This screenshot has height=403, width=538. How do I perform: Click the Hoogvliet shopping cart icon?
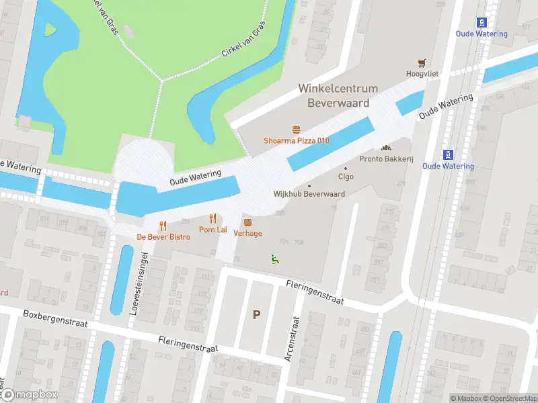[422, 62]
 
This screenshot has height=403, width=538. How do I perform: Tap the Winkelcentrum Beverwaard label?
[338, 96]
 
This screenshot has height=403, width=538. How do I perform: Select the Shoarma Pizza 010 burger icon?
[295, 129]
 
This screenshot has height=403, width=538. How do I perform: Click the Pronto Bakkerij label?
[386, 159]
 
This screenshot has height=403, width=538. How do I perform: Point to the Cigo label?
[346, 177]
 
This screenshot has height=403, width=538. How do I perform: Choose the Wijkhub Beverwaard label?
[309, 193]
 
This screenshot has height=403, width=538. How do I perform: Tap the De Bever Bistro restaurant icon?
[163, 226]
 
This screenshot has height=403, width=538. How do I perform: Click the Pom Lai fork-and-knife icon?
[213, 218]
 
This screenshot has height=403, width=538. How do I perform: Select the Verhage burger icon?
[248, 222]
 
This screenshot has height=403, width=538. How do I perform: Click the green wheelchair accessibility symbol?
[274, 259]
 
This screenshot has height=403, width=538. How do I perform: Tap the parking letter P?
[256, 314]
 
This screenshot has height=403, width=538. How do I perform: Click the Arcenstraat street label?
[291, 339]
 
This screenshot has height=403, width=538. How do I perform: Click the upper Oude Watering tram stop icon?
[482, 21]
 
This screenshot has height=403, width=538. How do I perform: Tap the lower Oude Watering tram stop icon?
[448, 154]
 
